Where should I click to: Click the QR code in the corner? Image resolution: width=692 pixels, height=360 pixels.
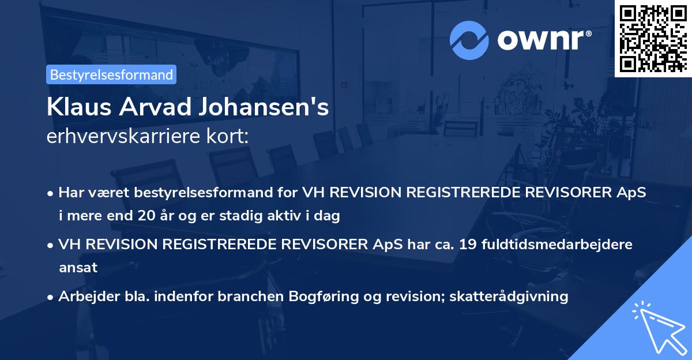pos(653,38)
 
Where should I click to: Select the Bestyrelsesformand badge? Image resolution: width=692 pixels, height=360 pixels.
pos(111,74)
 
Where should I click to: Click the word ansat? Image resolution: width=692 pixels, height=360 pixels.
pos(78,268)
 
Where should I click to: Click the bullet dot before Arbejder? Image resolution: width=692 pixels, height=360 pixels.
pos(51,297)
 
